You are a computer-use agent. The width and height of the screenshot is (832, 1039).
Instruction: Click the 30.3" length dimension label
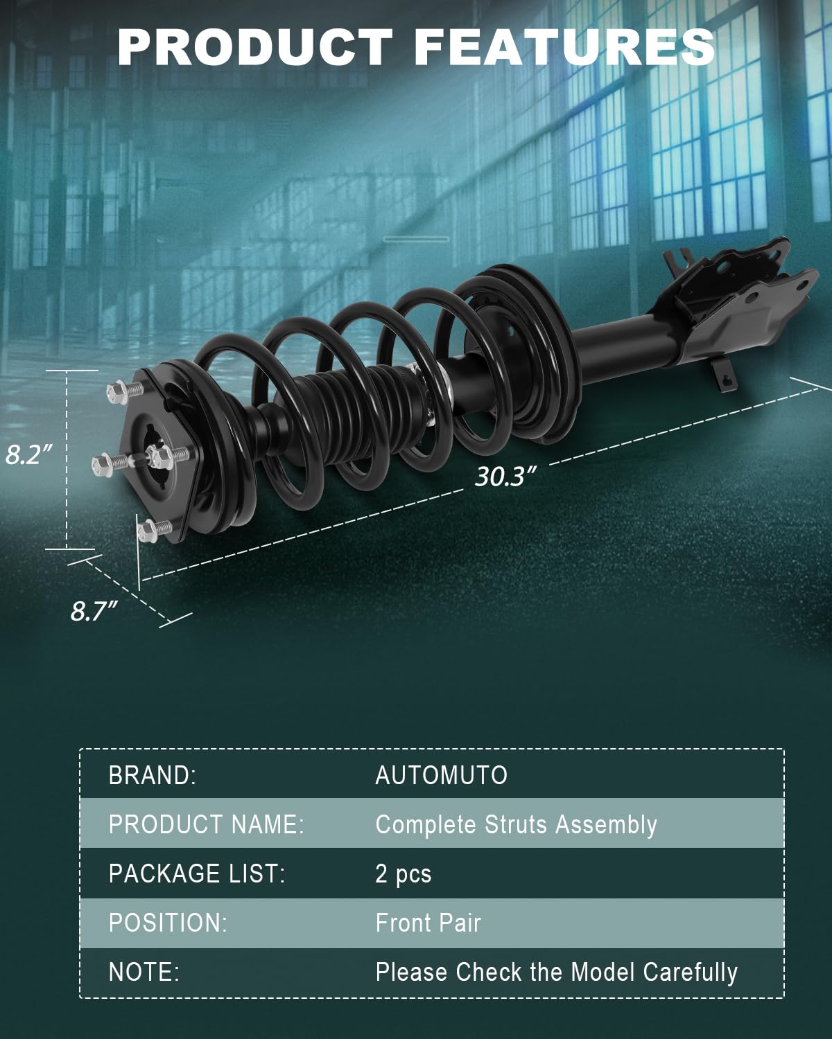[x=506, y=477]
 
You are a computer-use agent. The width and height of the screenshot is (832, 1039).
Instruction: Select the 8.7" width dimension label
[x=94, y=611]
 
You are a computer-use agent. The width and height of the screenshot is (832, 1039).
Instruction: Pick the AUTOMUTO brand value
[x=441, y=775]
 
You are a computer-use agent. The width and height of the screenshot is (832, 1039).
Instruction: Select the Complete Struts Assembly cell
[x=516, y=824]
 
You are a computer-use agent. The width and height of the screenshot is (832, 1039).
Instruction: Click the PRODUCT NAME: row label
[x=206, y=824]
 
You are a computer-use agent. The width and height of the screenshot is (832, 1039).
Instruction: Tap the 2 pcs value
[x=403, y=874]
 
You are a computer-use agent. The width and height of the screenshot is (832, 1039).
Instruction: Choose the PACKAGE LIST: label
[x=197, y=874]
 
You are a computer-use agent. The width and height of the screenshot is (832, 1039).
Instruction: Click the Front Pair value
[x=428, y=923]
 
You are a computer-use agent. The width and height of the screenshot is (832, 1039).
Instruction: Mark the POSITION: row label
[x=168, y=923]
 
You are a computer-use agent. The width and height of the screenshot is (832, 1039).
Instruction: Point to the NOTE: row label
[x=144, y=972]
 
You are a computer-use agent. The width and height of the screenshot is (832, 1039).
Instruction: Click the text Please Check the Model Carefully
[x=556, y=972]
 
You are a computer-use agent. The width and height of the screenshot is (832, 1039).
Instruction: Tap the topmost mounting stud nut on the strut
[x=119, y=393]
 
